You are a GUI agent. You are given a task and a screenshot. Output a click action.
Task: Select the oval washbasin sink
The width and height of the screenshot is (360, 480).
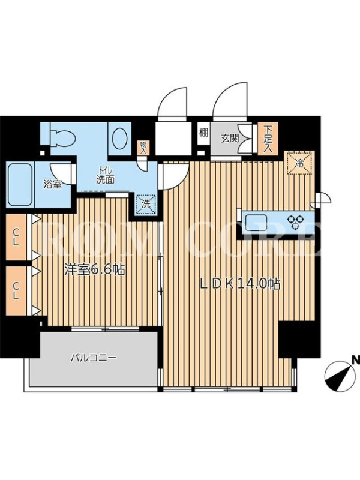(119, 138)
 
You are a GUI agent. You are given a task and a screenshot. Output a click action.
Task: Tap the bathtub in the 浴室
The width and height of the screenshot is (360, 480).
(20, 185)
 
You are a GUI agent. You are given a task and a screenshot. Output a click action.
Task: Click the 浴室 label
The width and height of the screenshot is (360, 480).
(53, 185)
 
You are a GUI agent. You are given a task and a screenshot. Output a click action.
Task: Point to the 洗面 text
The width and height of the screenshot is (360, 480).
(105, 179)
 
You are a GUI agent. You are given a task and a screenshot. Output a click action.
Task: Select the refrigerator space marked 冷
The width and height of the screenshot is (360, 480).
(299, 163)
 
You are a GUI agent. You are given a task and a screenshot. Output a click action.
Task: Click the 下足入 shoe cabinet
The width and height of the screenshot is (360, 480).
(268, 139)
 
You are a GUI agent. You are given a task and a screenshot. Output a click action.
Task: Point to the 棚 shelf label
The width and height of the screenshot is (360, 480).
(203, 133)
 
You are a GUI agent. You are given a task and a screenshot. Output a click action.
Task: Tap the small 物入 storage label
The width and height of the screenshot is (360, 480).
(143, 148)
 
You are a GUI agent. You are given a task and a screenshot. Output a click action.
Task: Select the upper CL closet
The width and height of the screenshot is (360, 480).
(16, 238)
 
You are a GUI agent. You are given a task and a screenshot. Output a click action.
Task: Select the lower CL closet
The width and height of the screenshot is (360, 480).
(16, 290)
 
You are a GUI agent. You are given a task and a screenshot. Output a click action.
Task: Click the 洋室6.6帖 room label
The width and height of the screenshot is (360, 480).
(95, 269)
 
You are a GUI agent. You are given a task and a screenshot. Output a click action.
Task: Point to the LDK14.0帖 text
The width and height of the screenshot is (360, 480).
(240, 284)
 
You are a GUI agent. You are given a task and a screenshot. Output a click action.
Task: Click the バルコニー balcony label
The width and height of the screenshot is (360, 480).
(93, 357)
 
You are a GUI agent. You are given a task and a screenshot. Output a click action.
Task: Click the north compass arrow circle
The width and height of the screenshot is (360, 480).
(338, 376)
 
